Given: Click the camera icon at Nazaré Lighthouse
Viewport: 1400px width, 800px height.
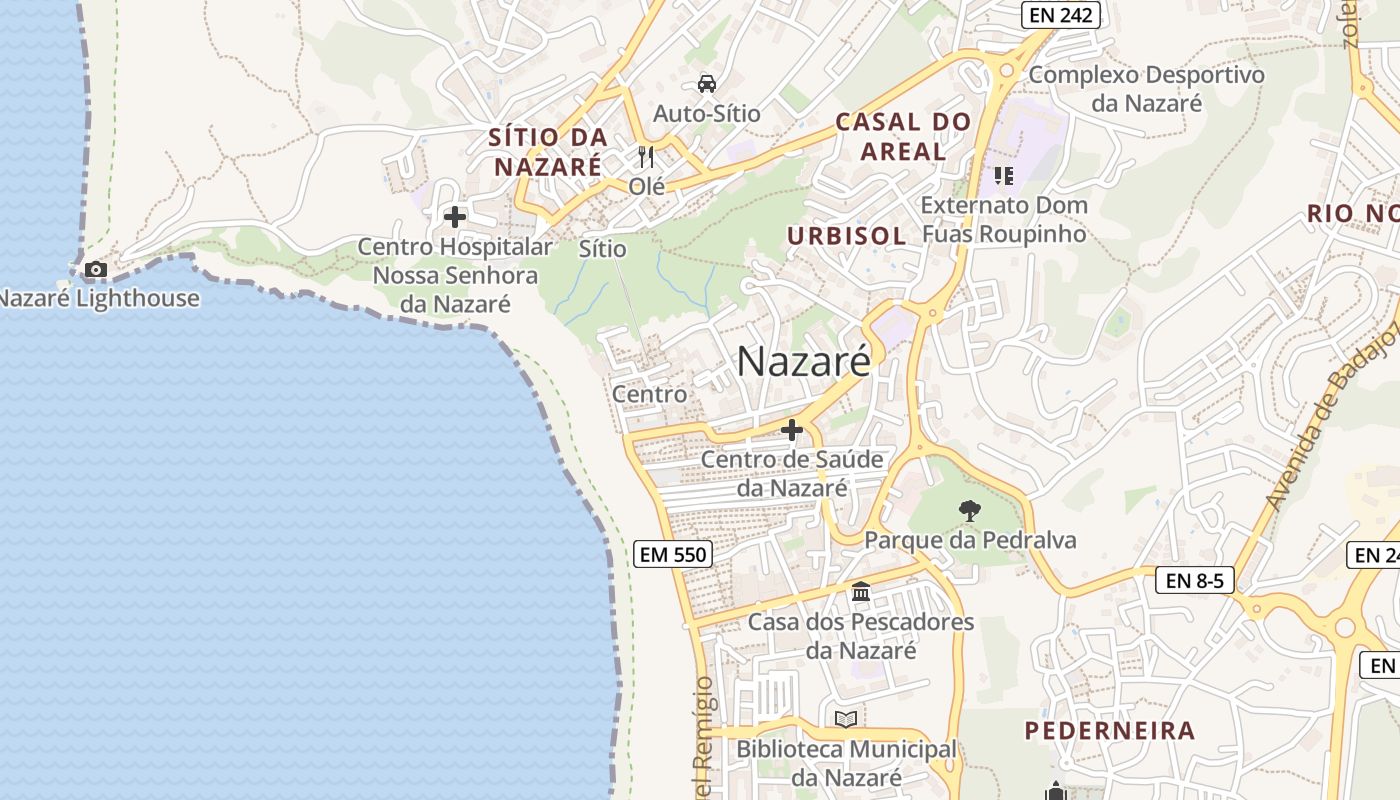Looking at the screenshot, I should (96, 269).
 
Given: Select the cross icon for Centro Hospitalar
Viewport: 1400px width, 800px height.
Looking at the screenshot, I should (455, 216).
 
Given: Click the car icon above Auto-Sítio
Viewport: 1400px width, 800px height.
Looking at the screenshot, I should (707, 83).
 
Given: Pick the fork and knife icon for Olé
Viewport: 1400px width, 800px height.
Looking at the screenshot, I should (646, 157).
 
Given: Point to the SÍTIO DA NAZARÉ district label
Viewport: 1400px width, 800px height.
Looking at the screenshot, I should (548, 151).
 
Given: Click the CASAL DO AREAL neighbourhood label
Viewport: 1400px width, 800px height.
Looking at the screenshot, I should (903, 137).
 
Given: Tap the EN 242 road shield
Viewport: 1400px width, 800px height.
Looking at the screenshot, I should (1061, 15).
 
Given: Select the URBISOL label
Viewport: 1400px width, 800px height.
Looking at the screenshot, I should (846, 236).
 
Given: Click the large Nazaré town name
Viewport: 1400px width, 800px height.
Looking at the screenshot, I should (804, 361).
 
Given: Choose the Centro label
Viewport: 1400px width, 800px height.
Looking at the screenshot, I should (650, 394).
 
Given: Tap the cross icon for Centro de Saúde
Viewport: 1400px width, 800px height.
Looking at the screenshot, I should (792, 430).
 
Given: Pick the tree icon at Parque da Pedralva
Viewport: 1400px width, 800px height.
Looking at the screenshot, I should (969, 511).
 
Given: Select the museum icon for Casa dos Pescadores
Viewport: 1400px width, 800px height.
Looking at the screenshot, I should (861, 592).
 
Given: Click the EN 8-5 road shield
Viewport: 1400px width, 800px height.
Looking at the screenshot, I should (1195, 580).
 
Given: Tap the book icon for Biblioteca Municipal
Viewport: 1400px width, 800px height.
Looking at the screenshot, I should (846, 719).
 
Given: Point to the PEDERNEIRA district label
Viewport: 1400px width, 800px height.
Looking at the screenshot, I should (1110, 730).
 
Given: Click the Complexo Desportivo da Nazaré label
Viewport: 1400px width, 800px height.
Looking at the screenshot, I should (1146, 88).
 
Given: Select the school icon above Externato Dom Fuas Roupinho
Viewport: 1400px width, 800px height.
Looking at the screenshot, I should (1004, 176).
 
